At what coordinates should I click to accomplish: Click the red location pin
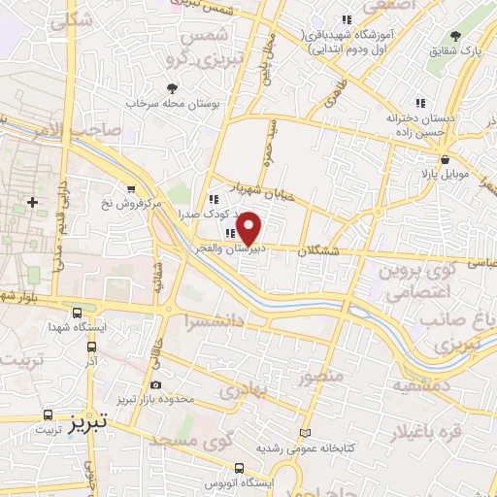point(249,227)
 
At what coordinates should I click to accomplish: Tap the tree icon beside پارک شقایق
point(456,36)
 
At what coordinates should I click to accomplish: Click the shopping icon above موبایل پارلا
point(445,160)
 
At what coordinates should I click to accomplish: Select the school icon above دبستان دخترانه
point(419,103)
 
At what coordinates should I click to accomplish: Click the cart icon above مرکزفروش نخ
point(131,189)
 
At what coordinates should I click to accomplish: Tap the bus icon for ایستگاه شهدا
point(77,313)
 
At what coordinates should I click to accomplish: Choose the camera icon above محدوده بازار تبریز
point(155,385)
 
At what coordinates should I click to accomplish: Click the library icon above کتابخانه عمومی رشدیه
point(307,432)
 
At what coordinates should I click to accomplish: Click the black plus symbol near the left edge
point(33,202)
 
